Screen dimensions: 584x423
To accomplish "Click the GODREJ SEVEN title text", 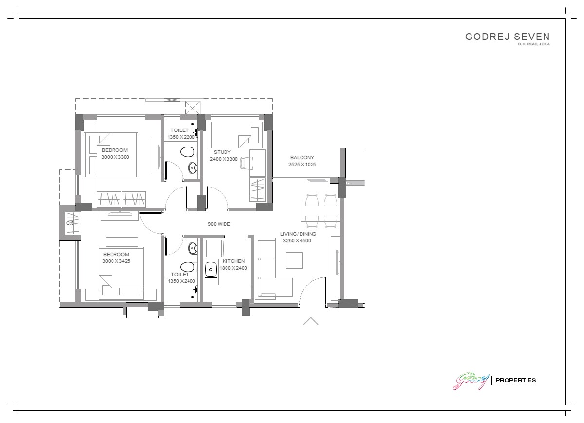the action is [x=507, y=37].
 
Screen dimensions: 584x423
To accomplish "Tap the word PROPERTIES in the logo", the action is [x=515, y=380].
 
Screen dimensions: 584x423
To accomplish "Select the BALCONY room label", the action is [x=302, y=158].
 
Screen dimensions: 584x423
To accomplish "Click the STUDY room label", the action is [x=223, y=152].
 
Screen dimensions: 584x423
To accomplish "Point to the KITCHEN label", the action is [x=233, y=261].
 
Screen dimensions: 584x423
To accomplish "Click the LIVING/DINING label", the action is [x=298, y=234].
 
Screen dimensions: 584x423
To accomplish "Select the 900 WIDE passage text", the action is [x=219, y=224].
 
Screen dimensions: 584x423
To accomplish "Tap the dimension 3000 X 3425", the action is [x=116, y=261].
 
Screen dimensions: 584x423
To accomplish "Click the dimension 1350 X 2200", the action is [x=181, y=137].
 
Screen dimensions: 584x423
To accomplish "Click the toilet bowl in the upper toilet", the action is [x=188, y=152].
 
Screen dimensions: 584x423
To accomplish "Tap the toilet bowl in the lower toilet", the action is [x=188, y=267].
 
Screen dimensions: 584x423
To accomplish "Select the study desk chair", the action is [x=246, y=163].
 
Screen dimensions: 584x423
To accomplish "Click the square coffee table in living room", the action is [x=294, y=260].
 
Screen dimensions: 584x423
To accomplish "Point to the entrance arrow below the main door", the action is [x=311, y=321].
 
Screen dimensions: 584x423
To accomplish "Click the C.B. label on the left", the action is [x=71, y=223].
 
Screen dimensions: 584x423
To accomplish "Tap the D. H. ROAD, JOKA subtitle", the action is [x=534, y=44].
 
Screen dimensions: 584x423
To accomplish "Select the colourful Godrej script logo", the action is [x=471, y=381].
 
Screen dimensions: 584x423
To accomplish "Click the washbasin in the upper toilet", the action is [x=192, y=168].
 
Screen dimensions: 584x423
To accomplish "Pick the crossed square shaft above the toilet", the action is [x=192, y=108].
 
